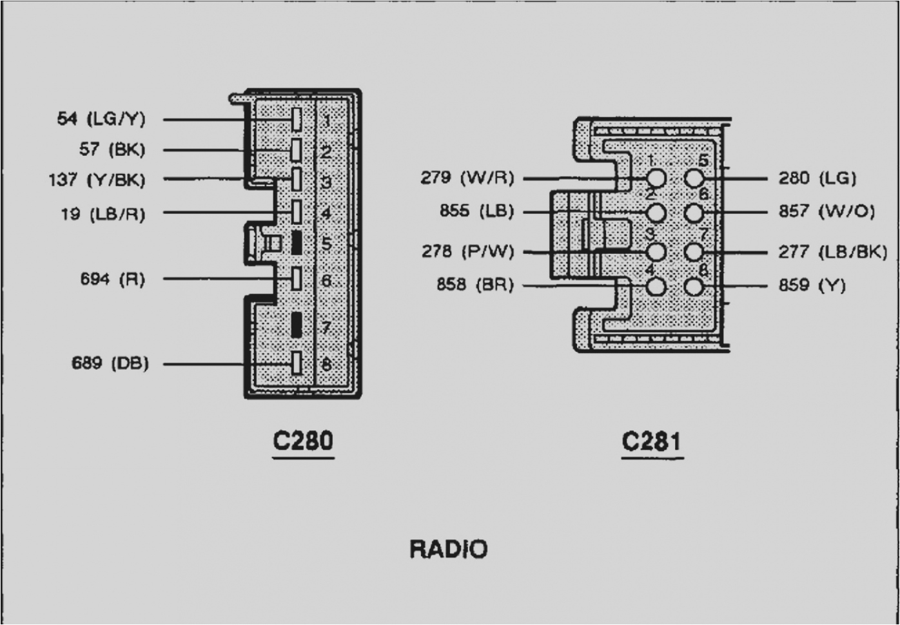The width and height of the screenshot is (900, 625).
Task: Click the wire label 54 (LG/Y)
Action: (101, 119)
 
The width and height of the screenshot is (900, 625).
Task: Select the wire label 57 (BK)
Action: (112, 149)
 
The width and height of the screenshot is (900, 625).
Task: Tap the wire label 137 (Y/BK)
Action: (97, 180)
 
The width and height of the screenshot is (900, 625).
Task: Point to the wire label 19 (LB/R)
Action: (103, 214)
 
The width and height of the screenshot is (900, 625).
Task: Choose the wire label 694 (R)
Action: (112, 279)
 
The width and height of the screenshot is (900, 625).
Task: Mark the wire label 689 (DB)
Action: (110, 363)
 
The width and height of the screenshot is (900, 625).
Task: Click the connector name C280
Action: (303, 441)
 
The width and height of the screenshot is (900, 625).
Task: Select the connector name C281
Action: (651, 442)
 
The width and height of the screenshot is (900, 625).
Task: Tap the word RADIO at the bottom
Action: (449, 550)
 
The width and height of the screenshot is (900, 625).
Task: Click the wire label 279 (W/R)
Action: (467, 177)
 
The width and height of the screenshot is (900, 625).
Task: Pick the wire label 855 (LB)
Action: (476, 211)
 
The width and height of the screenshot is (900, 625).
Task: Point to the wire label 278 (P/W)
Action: (468, 251)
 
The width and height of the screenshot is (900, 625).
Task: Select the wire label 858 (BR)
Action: (475, 284)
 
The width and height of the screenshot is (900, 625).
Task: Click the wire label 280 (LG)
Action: (817, 178)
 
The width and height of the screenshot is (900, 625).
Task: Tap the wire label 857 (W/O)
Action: (827, 211)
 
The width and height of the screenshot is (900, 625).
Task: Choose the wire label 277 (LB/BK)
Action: (832, 251)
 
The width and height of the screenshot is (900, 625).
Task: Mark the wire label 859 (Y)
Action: (812, 285)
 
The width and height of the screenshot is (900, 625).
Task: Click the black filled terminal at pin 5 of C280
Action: (297, 243)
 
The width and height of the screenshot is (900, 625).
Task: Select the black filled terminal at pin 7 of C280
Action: (297, 325)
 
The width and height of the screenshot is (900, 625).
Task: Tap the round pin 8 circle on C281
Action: (694, 287)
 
